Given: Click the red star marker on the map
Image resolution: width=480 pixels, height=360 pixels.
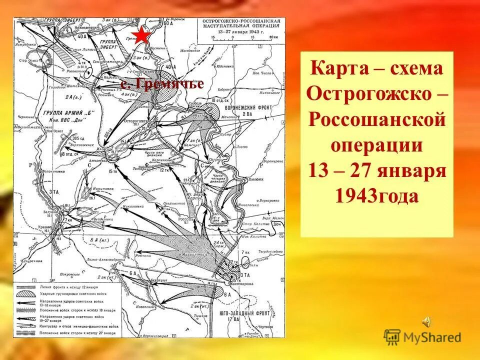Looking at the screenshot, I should (x=142, y=36).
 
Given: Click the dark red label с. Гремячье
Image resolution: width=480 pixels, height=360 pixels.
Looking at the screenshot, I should (x=163, y=84).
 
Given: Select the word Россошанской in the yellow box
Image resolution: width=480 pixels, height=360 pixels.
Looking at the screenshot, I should (x=377, y=120).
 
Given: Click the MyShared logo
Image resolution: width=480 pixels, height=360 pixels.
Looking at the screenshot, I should (x=423, y=336).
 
